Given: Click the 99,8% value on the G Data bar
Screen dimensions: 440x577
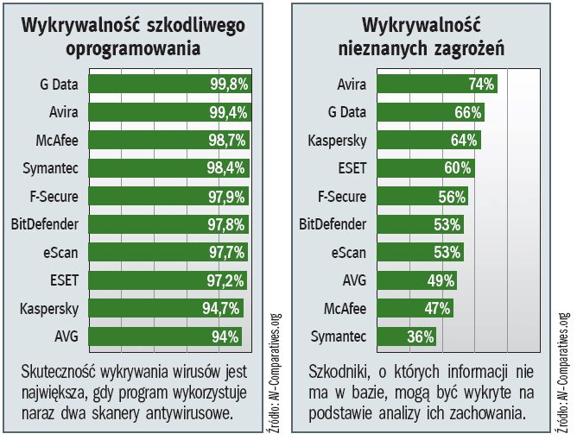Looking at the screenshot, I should pyautogui.click(x=229, y=84).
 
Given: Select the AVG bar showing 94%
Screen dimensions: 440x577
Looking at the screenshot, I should pyautogui.click(x=164, y=336).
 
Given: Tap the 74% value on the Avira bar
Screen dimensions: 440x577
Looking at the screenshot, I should pyautogui.click(x=481, y=84).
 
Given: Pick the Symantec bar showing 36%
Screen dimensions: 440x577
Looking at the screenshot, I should pyautogui.click(x=405, y=336).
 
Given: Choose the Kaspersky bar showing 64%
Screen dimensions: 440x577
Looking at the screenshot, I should pyautogui.click(x=428, y=140).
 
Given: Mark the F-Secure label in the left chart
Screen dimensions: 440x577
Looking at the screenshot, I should pyautogui.click(x=54, y=196).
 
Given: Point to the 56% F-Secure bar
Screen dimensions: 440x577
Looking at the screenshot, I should pyautogui.click(x=422, y=196).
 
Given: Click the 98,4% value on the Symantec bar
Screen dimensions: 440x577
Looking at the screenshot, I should pyautogui.click(x=226, y=168).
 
